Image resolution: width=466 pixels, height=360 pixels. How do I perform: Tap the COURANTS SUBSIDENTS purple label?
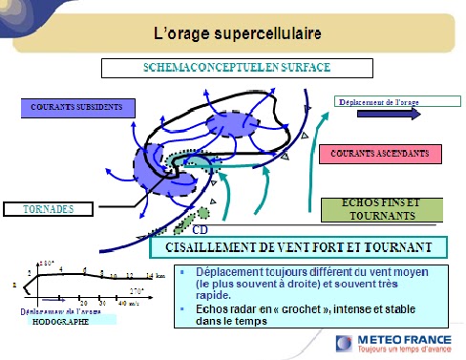point(75,106)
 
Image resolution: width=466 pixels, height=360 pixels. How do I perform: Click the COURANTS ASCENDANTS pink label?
point(380,153)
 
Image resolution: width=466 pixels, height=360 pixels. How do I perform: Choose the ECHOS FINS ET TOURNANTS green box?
point(379,209)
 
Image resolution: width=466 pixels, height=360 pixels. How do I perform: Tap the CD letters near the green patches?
point(201,230)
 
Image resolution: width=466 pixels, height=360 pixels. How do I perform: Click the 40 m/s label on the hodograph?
point(126,303)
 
